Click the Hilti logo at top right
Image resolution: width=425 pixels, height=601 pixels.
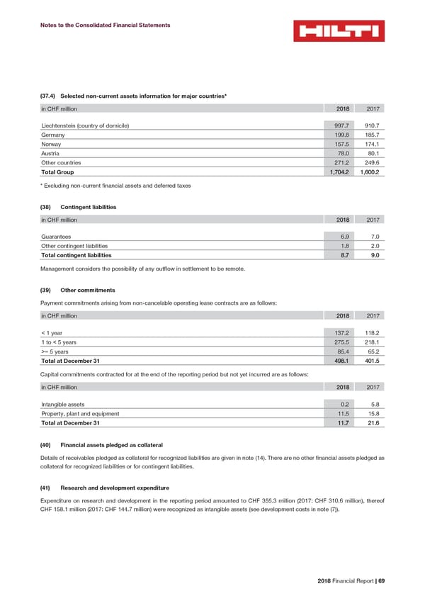(339, 31)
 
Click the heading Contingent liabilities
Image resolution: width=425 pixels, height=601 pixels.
(89, 206)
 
